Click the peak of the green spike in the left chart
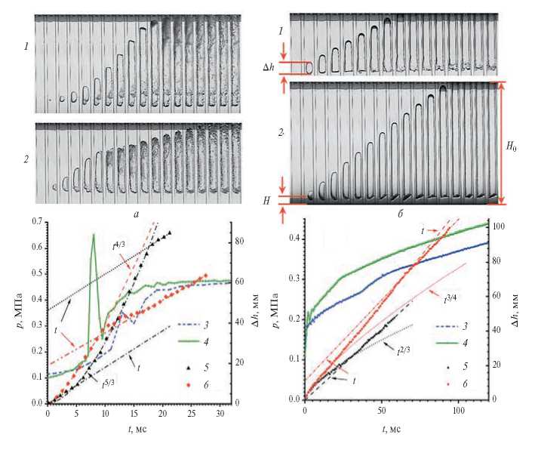[x=94, y=235]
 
